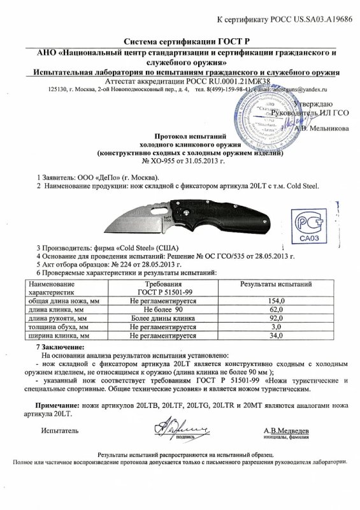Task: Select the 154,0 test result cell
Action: [x=276, y=300]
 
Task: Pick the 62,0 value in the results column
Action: [x=276, y=309]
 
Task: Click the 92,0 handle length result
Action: [x=276, y=317]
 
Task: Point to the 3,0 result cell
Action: [x=276, y=326]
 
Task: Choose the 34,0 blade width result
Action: [x=276, y=334]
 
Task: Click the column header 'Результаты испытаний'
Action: [x=275, y=282]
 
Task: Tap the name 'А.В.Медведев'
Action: [x=286, y=431]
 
